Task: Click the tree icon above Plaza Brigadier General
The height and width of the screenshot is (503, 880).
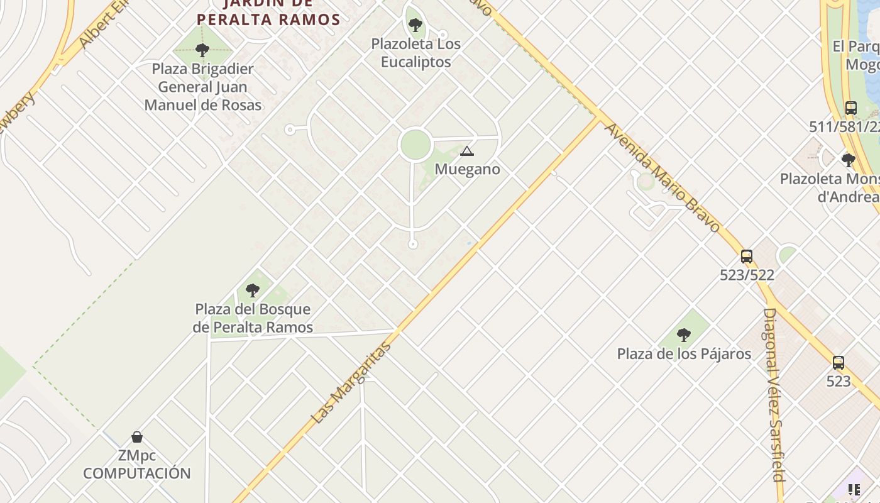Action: click(202, 50)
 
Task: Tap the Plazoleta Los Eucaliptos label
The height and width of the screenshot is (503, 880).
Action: click(415, 53)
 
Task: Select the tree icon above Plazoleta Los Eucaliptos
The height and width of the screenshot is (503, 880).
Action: click(415, 25)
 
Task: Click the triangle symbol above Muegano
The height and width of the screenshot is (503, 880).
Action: click(466, 151)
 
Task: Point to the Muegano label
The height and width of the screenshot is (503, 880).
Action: click(467, 169)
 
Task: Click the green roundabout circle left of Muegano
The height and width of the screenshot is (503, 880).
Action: click(415, 145)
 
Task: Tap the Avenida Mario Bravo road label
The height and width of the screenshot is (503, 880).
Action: click(663, 177)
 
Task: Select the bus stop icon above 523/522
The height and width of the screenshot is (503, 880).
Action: click(747, 257)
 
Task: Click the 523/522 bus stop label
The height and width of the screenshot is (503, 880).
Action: click(747, 275)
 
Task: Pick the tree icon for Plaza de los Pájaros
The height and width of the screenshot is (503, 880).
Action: click(684, 335)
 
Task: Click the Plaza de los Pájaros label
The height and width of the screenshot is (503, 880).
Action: click(684, 354)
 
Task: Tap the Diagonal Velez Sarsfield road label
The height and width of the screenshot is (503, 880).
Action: click(774, 394)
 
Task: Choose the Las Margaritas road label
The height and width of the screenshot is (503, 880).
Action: click(351, 383)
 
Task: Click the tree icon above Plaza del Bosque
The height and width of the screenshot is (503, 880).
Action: click(253, 290)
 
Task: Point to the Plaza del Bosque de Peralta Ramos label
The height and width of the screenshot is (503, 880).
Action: click(253, 318)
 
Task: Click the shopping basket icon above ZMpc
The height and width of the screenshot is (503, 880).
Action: click(137, 437)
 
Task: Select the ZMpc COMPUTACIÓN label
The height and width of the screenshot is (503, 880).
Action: click(137, 465)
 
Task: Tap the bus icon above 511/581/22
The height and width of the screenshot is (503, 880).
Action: click(850, 108)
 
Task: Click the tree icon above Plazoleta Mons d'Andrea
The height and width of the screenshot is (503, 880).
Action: click(848, 160)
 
